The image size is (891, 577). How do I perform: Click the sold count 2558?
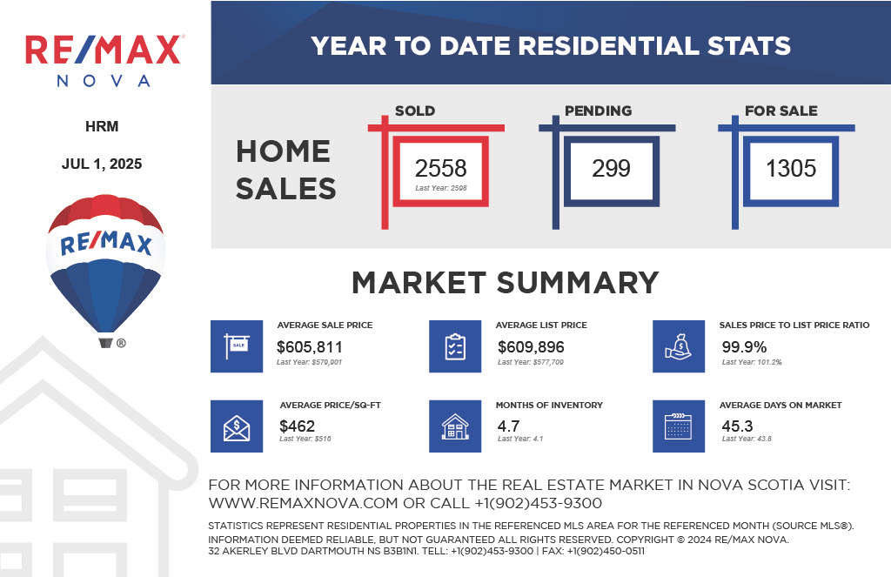(440, 168)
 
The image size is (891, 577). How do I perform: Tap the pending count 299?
(611, 168)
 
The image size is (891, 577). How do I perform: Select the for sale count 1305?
(790, 168)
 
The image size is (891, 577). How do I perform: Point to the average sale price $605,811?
(309, 346)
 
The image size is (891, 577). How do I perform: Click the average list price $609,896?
(531, 346)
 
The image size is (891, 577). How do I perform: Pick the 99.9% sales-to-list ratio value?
(744, 346)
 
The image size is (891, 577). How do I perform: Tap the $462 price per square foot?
(297, 426)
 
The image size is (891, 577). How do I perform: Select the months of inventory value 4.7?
(508, 426)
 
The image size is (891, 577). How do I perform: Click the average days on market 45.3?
(737, 426)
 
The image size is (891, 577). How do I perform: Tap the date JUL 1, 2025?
(102, 164)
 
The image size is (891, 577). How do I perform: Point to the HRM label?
(102, 126)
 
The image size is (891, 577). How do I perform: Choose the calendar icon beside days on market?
(679, 426)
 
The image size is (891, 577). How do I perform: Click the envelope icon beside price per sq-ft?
(237, 426)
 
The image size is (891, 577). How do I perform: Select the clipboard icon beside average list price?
(455, 346)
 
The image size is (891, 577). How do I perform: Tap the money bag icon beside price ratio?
(679, 346)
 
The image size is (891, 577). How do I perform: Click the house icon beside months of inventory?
(455, 426)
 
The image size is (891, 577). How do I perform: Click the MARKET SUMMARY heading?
(506, 283)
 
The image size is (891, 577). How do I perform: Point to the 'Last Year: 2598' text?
(441, 188)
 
